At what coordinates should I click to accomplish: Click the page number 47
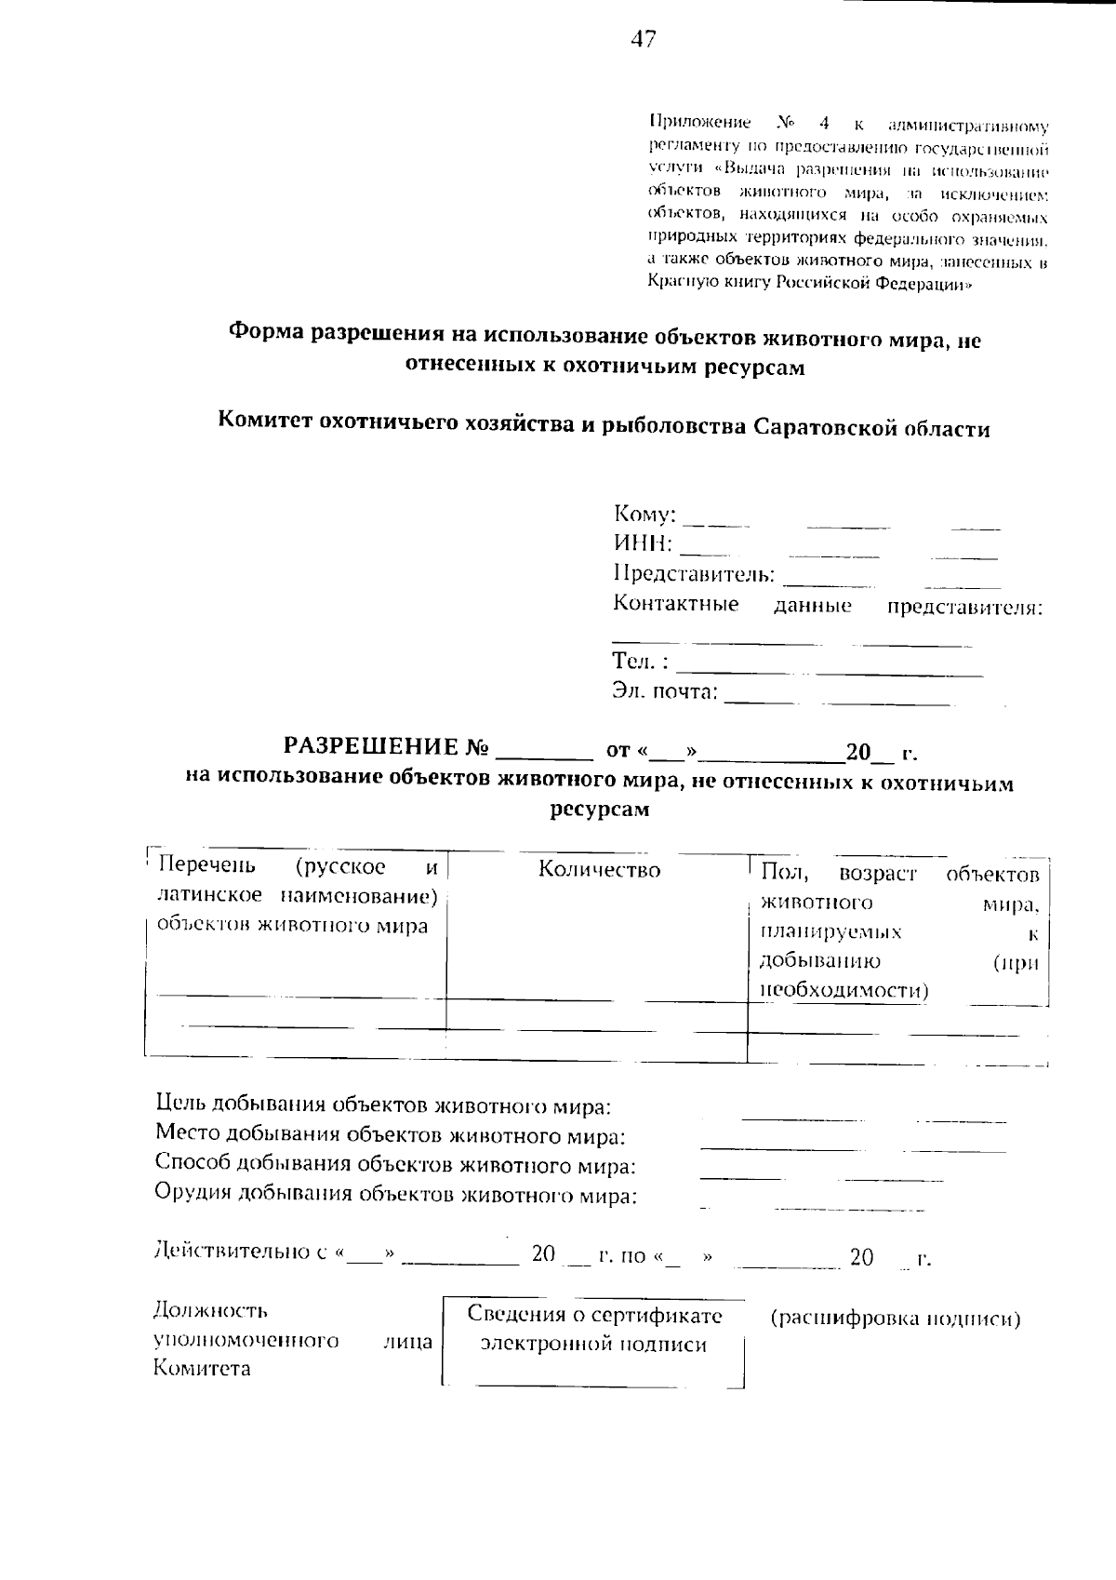[643, 39]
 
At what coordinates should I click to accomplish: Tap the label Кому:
[644, 514]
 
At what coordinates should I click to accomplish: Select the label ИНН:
[643, 542]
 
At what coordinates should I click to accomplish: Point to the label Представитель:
[694, 573]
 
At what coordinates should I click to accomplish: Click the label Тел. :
[640, 661]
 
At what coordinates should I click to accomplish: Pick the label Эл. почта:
[665, 691]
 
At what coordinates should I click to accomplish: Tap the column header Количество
[600, 870]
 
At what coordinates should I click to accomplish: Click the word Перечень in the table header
[206, 866]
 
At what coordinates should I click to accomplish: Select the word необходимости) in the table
[844, 990]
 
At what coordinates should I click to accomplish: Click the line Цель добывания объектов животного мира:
[383, 1105]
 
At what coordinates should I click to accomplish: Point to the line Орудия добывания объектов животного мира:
[395, 1195]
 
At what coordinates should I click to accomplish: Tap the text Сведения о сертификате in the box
[594, 1315]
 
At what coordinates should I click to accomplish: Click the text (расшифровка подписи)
[896, 1318]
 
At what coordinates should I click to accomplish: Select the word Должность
[210, 1311]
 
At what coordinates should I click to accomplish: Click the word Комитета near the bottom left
[202, 1369]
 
